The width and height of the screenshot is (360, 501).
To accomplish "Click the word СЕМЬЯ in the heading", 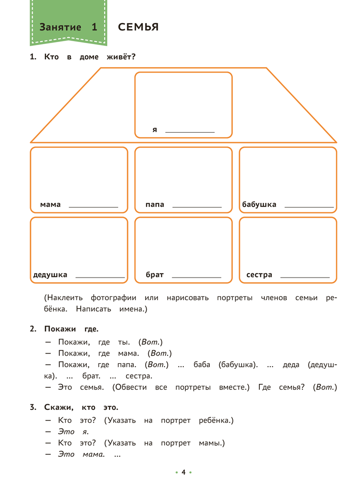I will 138,28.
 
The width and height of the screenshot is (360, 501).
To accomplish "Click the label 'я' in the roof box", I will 155,130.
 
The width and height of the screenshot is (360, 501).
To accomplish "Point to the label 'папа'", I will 155,204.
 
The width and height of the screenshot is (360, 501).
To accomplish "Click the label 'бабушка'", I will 259,204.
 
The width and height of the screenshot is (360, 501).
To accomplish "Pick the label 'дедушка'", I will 50,275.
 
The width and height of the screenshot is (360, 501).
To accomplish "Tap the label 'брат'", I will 155,275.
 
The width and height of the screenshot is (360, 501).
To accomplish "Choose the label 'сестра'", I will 259,275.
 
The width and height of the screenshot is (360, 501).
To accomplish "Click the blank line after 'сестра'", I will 305,277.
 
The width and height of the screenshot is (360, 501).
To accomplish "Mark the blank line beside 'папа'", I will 197,206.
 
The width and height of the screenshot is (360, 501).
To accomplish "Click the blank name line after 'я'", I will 190,132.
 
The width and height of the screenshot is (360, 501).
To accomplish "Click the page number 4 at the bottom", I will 183,472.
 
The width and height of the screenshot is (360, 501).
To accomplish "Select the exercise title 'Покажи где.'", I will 71,329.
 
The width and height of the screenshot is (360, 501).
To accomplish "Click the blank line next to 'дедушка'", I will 100,277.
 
